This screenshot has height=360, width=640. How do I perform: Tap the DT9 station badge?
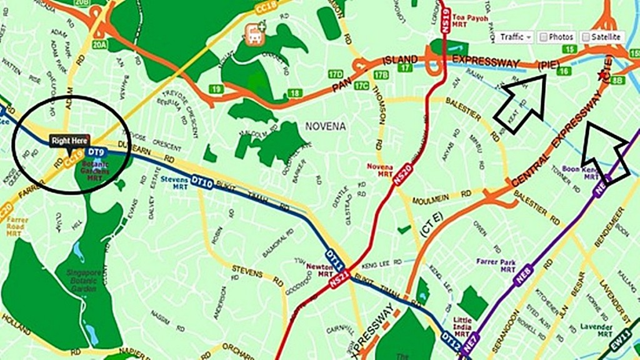(95, 152)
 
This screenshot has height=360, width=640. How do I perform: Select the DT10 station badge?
(202, 182)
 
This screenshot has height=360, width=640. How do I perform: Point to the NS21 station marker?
(338, 281)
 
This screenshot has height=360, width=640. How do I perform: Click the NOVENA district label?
(325, 126)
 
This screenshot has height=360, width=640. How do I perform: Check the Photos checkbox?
(544, 37)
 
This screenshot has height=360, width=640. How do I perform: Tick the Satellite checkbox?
(586, 37)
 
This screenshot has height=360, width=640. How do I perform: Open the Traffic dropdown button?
(516, 37)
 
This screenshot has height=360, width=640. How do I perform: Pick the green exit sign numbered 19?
(217, 89)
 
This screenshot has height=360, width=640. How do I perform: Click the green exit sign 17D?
(336, 74)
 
